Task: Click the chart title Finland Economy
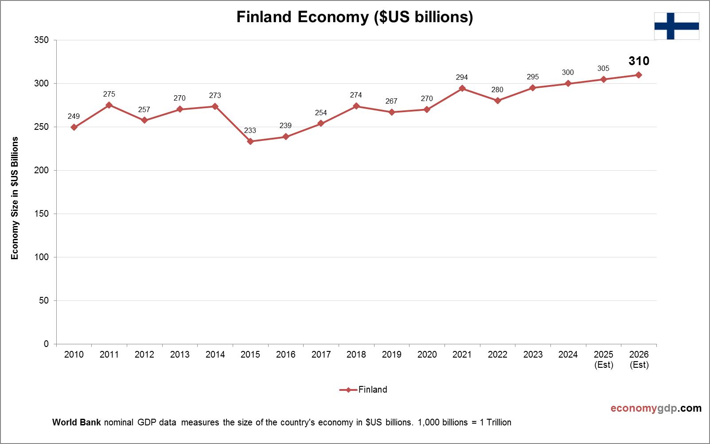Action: (x=355, y=17)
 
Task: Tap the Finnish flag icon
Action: (x=676, y=26)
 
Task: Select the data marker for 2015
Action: (x=250, y=141)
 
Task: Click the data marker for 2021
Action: (x=462, y=88)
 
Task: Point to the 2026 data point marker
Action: (x=639, y=75)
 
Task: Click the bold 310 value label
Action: (x=639, y=61)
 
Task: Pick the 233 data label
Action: (x=250, y=130)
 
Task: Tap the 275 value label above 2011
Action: (x=109, y=94)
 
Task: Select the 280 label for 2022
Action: (x=497, y=90)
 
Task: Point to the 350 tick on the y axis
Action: (x=41, y=40)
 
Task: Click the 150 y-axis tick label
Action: (x=41, y=214)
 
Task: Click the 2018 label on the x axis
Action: (x=356, y=354)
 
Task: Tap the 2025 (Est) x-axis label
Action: (x=604, y=359)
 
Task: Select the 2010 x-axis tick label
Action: (x=74, y=354)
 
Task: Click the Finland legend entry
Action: (x=363, y=390)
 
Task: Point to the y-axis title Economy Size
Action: (x=15, y=198)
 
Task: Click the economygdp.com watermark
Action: (x=656, y=408)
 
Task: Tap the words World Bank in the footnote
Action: (x=77, y=422)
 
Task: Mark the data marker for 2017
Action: (x=321, y=123)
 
